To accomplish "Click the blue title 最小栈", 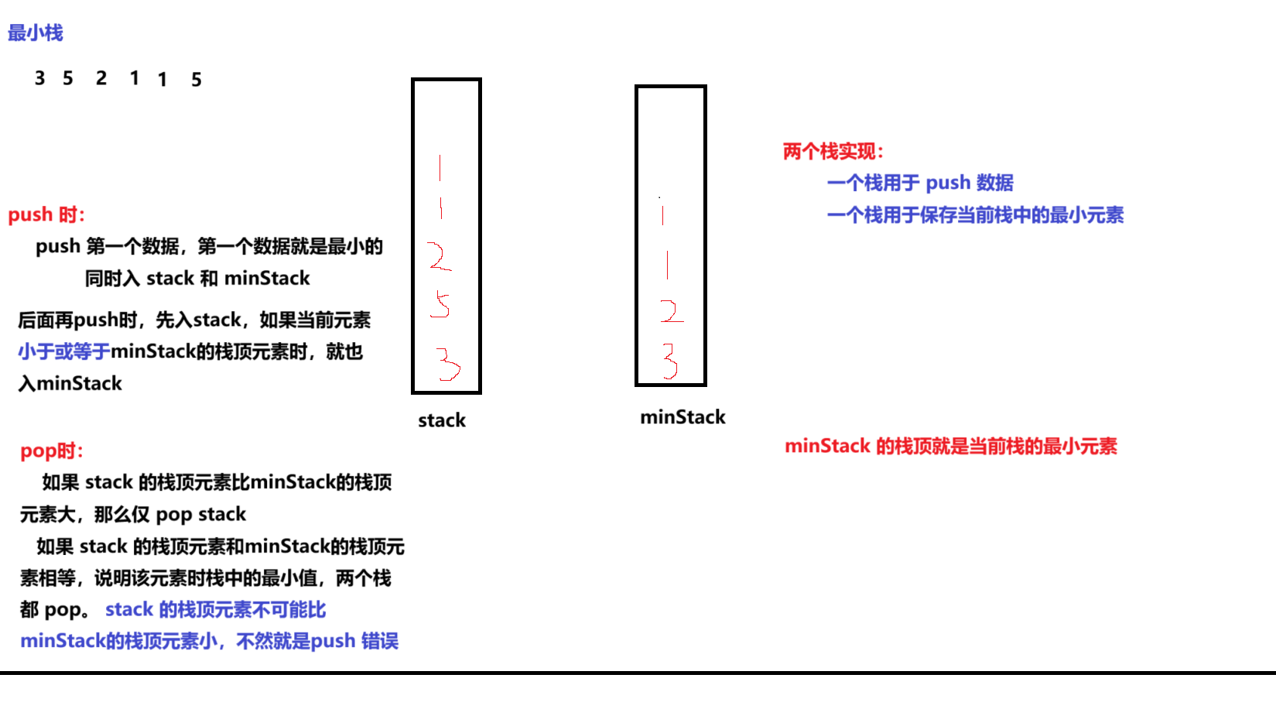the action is (35, 33).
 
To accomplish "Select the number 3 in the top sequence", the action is (40, 78).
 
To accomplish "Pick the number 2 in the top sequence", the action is (101, 78).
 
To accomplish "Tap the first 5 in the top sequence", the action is (68, 78).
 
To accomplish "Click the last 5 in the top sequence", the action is (197, 80).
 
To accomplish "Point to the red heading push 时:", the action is (46, 214).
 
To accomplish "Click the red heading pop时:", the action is (51, 450).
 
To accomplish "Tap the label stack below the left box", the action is (442, 420).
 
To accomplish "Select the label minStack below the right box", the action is (682, 417).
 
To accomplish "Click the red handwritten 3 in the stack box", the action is (447, 364).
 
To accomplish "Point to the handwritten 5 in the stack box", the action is (441, 304).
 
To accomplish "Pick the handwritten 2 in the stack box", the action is (439, 256).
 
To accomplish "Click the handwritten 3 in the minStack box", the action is (670, 360).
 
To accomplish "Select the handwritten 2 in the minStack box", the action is (671, 311).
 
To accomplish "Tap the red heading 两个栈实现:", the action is (833, 151).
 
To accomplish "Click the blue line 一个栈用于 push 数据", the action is (920, 183).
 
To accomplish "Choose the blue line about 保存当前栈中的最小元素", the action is (975, 215).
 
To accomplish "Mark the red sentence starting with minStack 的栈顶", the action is (951, 446).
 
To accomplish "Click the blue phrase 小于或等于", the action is (64, 351).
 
